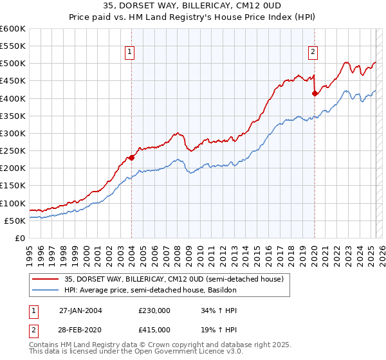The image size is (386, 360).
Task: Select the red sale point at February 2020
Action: pyautogui.click(x=315, y=93)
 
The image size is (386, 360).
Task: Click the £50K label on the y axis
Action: pyautogui.click(x=15, y=221)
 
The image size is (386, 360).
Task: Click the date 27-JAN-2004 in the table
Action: pyautogui.click(x=80, y=310)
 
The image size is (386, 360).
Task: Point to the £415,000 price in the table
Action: pyautogui.click(x=154, y=329)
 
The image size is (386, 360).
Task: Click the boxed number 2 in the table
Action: pyautogui.click(x=32, y=329)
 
